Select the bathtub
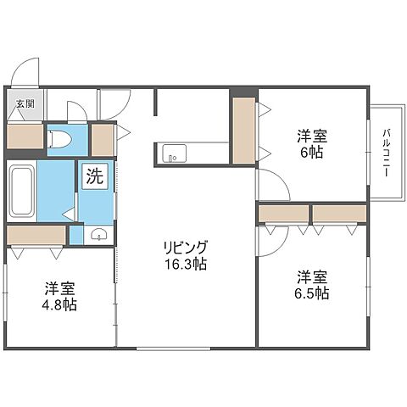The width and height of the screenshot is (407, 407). tap(21, 191)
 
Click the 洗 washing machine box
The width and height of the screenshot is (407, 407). tap(95, 177)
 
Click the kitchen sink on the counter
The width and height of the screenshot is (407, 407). tap(173, 153)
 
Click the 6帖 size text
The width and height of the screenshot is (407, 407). tap(313, 153)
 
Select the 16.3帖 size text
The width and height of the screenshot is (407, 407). tap(186, 264)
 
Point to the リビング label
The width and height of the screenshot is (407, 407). tap(186, 247)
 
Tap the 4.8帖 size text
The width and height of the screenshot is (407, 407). tap(61, 304)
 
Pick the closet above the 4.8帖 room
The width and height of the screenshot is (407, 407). tap(36, 234)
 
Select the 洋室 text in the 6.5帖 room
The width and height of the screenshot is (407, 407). tap(313, 276)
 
